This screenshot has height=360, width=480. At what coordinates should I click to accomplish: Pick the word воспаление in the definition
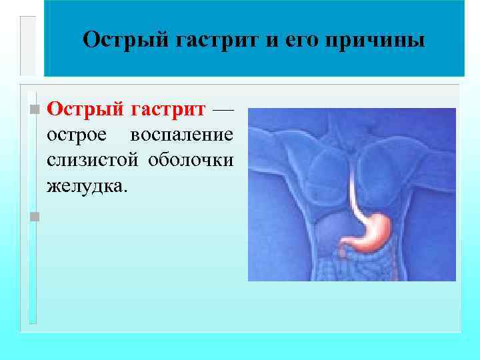[182, 135]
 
